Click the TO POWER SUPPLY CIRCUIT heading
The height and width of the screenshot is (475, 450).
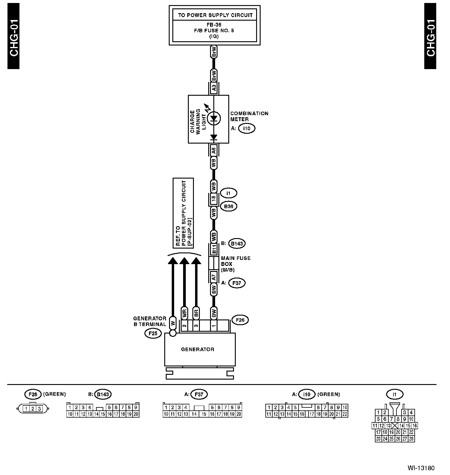(x=215, y=15)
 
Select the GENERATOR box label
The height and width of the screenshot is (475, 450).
(x=198, y=349)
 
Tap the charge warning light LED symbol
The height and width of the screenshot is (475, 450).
(x=214, y=118)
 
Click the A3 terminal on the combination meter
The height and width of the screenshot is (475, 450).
(x=214, y=88)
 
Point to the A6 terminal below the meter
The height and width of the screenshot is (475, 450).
(x=214, y=150)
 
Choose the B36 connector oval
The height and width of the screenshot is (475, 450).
(x=229, y=206)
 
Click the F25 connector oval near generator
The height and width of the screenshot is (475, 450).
(x=153, y=333)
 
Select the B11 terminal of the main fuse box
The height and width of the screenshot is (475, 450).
(x=214, y=249)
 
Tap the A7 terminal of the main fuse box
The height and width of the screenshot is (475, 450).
(x=214, y=277)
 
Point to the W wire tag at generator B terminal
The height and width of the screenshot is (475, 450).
(x=173, y=323)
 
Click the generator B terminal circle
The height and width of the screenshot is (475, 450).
(x=173, y=333)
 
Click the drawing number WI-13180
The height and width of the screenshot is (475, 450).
(x=421, y=468)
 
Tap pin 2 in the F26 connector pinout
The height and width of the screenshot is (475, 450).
(x=33, y=409)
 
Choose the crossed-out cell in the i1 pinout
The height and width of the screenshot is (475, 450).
(x=395, y=426)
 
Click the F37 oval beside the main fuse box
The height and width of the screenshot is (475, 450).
(x=237, y=283)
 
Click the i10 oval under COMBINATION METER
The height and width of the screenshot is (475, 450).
(x=247, y=129)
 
